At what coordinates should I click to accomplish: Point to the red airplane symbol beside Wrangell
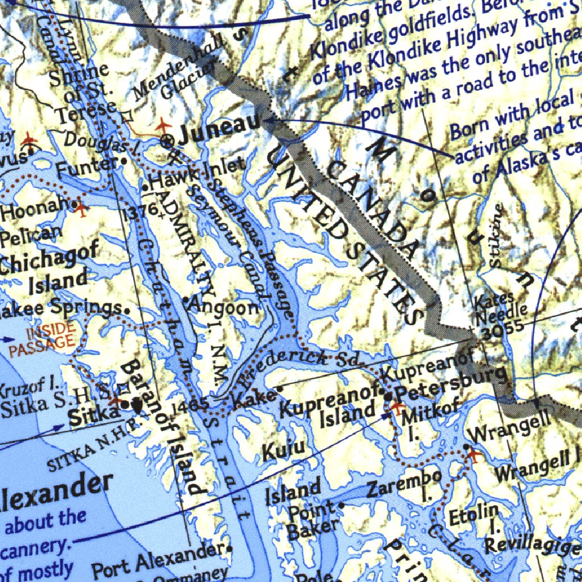tap(474, 455)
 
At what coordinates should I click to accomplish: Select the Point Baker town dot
tap(342, 504)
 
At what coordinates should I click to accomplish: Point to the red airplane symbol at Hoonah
tap(82, 209)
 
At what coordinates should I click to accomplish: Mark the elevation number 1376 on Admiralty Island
tap(141, 211)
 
